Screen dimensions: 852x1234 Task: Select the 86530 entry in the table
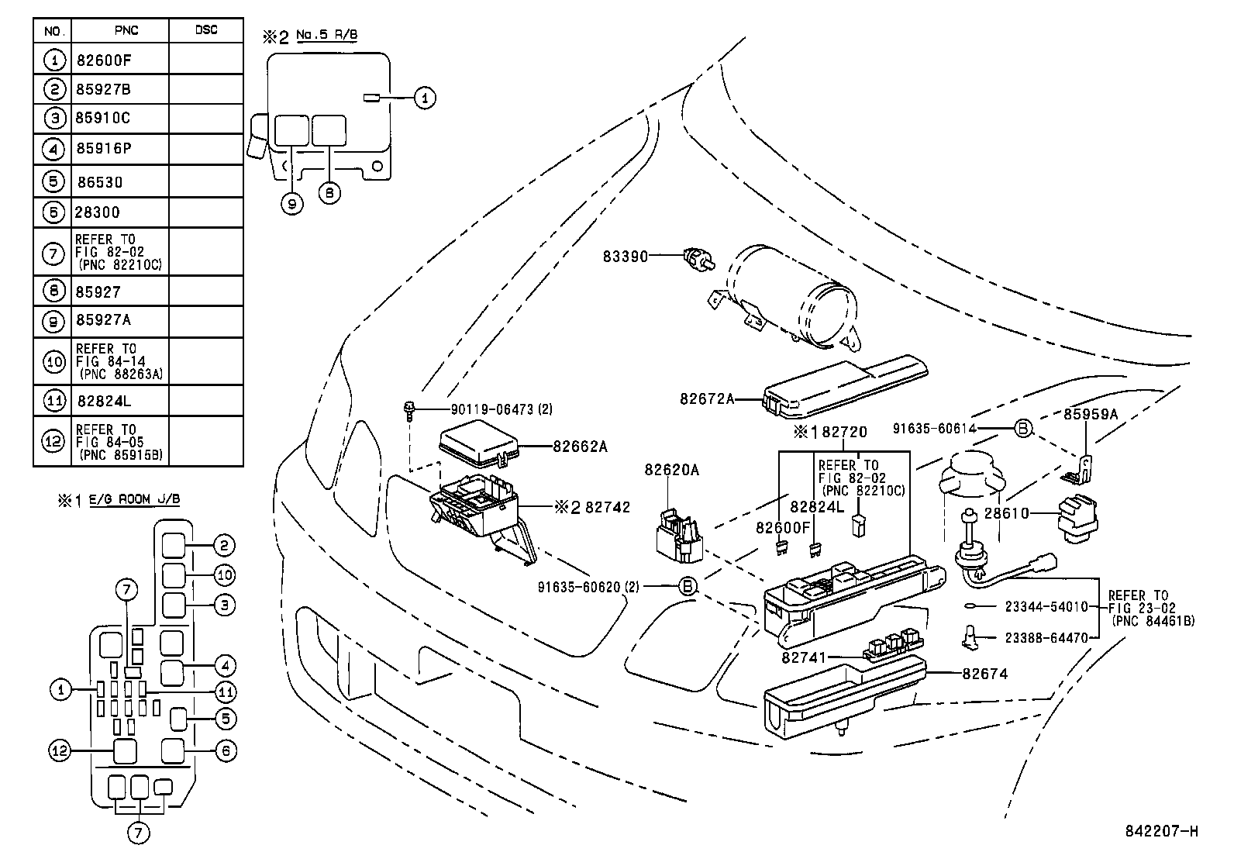click(100, 182)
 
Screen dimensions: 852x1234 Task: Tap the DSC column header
click(205, 30)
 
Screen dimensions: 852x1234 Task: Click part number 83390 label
click(625, 256)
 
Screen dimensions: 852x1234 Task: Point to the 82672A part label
click(706, 398)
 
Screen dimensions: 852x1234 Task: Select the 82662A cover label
click(580, 447)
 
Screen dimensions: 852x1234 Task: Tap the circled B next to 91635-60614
click(1022, 428)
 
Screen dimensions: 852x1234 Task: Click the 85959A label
click(1090, 414)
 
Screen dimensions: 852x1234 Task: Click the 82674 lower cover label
click(985, 674)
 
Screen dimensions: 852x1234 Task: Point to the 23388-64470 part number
click(1046, 637)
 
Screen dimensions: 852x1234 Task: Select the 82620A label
click(671, 469)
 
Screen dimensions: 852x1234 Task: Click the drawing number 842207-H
click(1161, 831)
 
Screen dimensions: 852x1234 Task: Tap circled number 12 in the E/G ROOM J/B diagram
click(60, 750)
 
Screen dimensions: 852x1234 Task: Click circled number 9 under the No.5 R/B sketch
click(291, 203)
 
